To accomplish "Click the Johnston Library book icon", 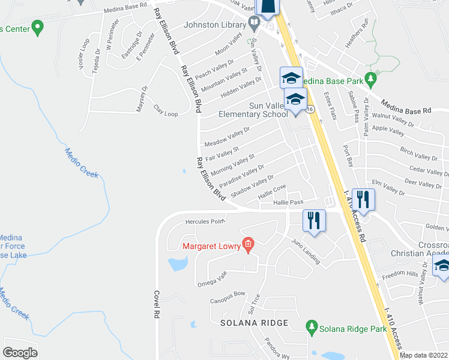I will [254, 25].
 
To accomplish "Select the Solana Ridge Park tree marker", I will [311, 327].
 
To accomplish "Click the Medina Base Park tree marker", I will [371, 79].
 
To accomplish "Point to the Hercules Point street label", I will [205, 221].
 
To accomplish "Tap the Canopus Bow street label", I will [228, 294].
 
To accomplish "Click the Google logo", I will [19, 353].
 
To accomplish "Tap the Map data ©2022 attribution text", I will [424, 355].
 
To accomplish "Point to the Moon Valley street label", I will [229, 44].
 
